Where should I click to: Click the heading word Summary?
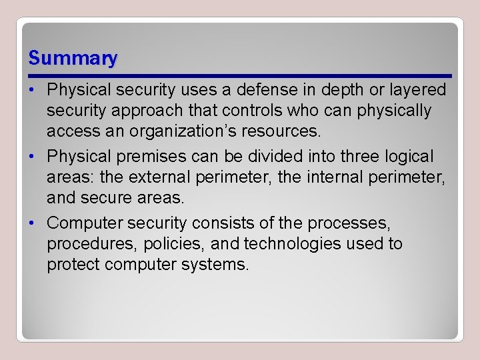pos(73,59)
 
